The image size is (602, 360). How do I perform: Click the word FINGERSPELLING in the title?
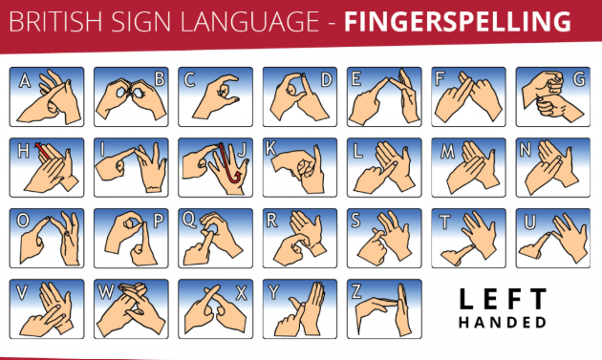point(458,22)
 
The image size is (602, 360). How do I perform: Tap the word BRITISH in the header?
point(55,22)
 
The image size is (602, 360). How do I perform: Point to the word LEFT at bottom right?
point(503,299)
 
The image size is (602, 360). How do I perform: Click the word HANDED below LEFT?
point(503,323)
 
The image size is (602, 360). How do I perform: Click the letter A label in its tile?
point(25,80)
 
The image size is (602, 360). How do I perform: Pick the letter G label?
point(579,79)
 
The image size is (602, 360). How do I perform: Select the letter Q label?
point(189,220)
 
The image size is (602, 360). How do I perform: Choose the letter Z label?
point(355,292)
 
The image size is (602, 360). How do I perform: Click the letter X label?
point(241,293)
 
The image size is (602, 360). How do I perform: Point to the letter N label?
point(526,150)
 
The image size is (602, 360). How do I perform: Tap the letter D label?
point(327,80)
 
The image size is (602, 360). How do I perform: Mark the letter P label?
point(159,222)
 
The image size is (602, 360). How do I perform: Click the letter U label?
point(529,222)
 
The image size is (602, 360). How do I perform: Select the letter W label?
point(106,292)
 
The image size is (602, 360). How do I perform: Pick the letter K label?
point(270,148)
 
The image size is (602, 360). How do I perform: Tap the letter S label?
point(355,221)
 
